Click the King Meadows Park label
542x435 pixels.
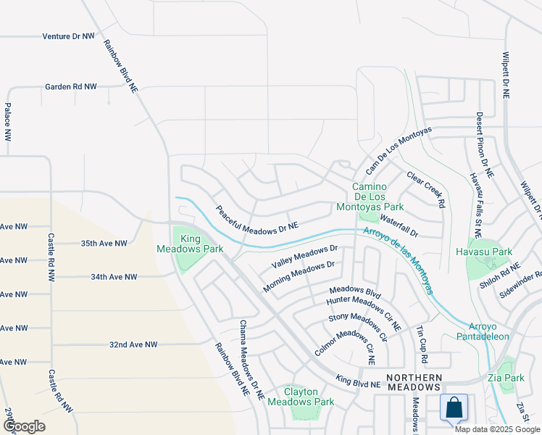point(191,243)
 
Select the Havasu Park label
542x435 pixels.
point(484,252)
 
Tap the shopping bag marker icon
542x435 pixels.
point(454,407)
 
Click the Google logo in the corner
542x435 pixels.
point(23,426)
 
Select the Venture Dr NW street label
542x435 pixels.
point(68,36)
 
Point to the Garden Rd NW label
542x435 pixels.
point(70,86)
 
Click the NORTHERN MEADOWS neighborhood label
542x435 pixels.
point(414,383)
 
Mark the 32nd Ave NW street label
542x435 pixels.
point(133,344)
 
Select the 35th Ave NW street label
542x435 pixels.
point(104,244)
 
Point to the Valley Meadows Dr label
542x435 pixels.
point(304,255)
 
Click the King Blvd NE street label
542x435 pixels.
point(358,381)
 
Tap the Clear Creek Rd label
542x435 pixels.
point(425,190)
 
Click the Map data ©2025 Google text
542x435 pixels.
point(497,429)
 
